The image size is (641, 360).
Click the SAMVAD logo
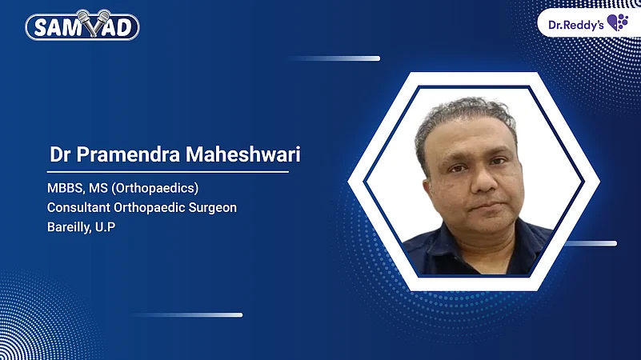tap(82, 26)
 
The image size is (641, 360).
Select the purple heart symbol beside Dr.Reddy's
tap(617, 22)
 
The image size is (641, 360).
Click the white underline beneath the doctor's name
tap(167, 170)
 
